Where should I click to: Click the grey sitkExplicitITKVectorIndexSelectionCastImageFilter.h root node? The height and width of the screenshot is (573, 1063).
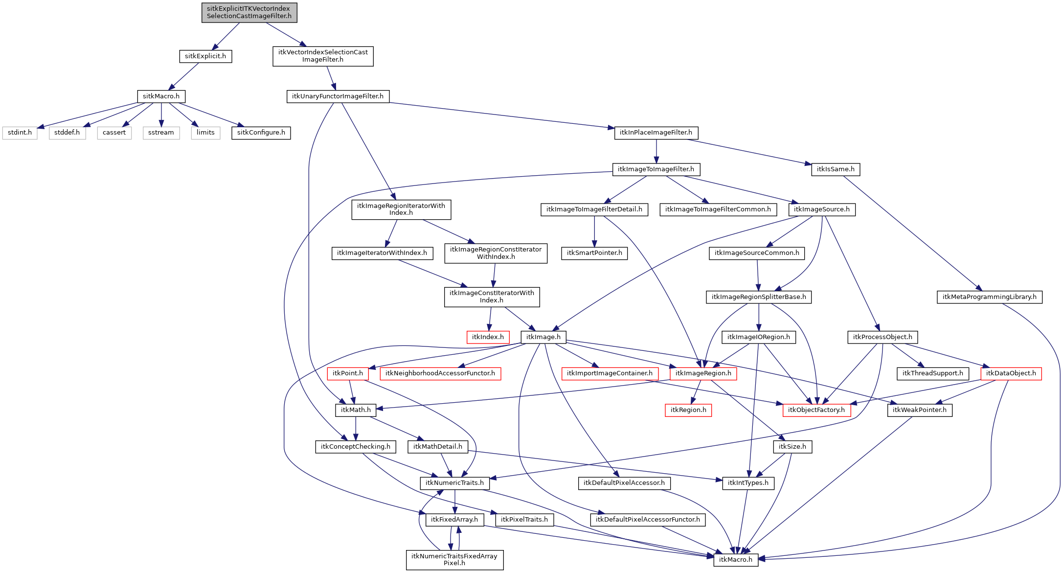pos(249,12)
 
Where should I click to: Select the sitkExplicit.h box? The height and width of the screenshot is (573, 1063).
pos(205,56)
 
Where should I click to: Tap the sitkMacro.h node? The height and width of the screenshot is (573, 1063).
pos(161,96)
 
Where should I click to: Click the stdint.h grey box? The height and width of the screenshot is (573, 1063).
pos(20,133)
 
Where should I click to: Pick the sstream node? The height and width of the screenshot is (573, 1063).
pos(161,133)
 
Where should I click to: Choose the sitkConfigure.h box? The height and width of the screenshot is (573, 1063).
pos(261,133)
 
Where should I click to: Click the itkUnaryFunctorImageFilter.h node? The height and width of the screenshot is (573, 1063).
pos(338,96)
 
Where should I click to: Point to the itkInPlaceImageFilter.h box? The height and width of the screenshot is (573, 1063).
pos(656,133)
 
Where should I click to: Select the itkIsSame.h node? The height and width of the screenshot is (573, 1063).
pos(836,169)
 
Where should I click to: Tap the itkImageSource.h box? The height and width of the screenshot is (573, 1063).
pos(822,209)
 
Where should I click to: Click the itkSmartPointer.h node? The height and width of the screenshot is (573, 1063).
pos(594,253)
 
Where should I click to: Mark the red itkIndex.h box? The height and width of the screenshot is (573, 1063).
pos(488,337)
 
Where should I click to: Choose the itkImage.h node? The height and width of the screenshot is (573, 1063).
pos(543,337)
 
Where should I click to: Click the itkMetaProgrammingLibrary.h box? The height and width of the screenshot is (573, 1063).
pos(989,297)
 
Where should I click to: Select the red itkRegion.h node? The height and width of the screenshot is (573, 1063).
pos(688,410)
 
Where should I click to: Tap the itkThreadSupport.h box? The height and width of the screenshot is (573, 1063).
pos(933,373)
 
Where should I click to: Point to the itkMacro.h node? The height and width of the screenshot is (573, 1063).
pos(736,560)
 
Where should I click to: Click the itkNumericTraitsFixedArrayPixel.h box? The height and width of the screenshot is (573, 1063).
pos(454,560)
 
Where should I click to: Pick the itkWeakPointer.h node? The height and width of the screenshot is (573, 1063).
pos(920,410)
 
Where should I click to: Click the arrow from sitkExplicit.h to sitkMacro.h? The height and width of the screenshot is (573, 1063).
pos(183,76)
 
